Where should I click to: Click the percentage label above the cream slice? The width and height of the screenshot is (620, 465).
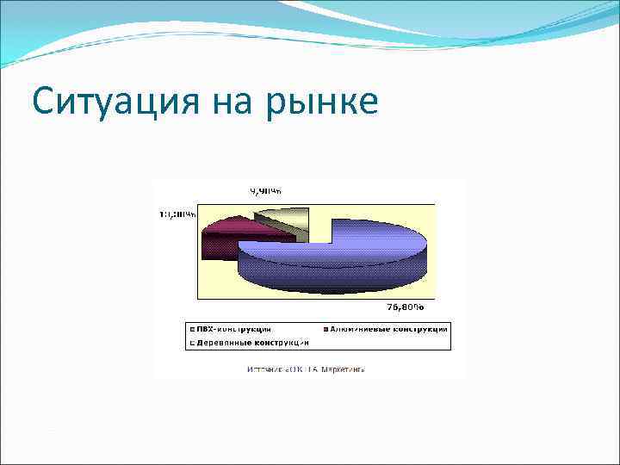point(266,191)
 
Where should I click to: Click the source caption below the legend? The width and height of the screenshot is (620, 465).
point(306,369)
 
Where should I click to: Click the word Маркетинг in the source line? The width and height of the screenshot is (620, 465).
point(342,369)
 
